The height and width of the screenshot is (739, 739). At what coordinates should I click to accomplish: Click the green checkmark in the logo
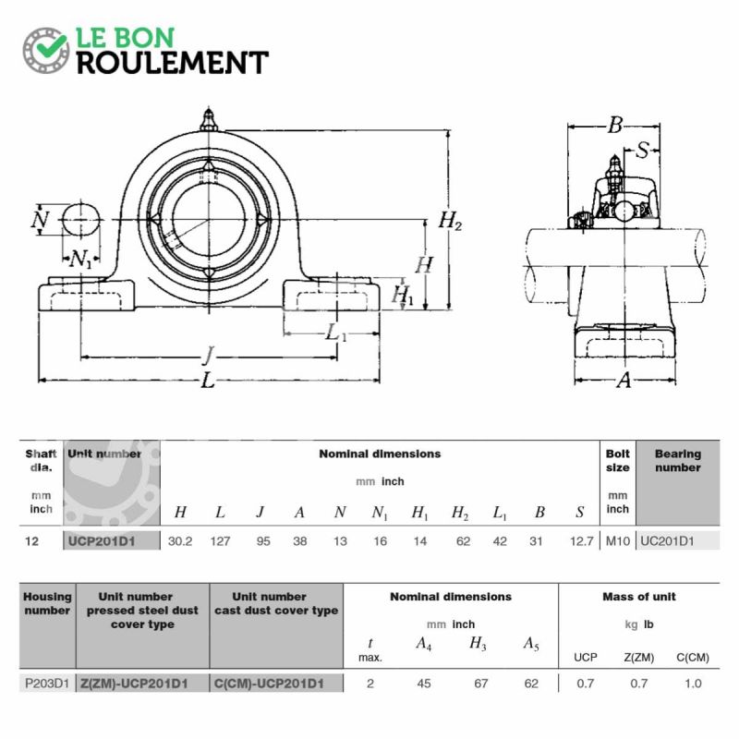[x=52, y=45]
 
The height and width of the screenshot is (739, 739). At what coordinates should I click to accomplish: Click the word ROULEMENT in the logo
[x=173, y=63]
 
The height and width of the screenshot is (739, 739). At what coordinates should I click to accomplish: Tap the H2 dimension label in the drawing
[x=450, y=221]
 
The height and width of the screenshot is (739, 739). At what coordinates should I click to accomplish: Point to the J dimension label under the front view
[x=209, y=356]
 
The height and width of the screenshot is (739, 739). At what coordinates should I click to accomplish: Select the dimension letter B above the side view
[x=615, y=125]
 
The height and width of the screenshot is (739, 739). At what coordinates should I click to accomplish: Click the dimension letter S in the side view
[x=641, y=151]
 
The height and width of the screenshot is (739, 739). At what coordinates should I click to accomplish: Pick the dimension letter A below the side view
[x=624, y=380]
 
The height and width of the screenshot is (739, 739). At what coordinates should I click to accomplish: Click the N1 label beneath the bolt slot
[x=81, y=259]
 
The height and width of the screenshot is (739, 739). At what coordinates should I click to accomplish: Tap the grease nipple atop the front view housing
[x=209, y=119]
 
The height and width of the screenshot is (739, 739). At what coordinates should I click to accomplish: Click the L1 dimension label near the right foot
[x=335, y=333]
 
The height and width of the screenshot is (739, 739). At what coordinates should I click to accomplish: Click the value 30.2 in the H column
[x=180, y=541]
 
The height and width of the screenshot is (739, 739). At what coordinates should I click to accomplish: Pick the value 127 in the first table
[x=220, y=541]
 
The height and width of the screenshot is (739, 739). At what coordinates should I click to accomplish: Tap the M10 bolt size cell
[x=617, y=541]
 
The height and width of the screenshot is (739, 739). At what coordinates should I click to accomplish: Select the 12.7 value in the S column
[x=582, y=541]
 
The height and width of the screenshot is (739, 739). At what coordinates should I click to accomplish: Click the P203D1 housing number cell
[x=47, y=684]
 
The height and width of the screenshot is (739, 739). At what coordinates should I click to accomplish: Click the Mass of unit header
[x=639, y=597]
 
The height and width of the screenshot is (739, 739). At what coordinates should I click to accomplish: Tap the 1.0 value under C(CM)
[x=693, y=684]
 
